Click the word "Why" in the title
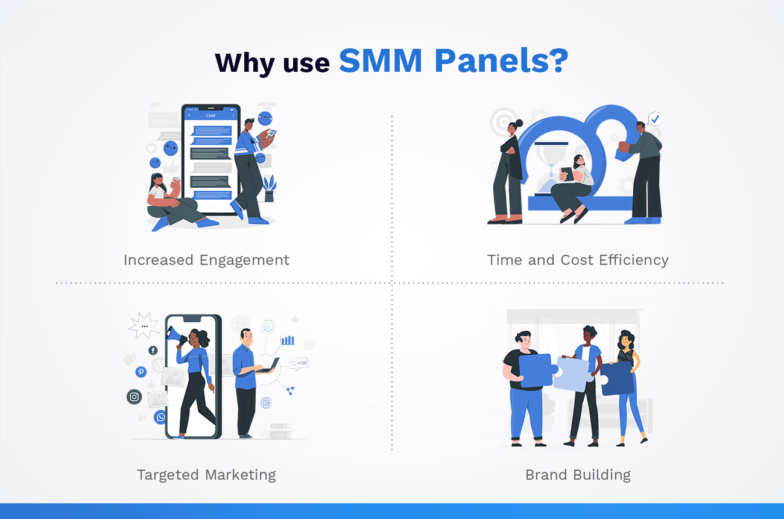click(x=242, y=63)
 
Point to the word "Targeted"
click(x=169, y=475)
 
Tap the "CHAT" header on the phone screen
click(x=210, y=115)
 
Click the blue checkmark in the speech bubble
click(x=655, y=119)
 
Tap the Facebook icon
click(x=153, y=351)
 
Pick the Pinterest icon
click(x=141, y=372)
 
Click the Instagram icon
click(x=134, y=396)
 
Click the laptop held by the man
click(x=271, y=365)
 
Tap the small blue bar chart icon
click(x=287, y=340)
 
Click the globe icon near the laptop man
click(x=266, y=402)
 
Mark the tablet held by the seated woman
click(x=567, y=174)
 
